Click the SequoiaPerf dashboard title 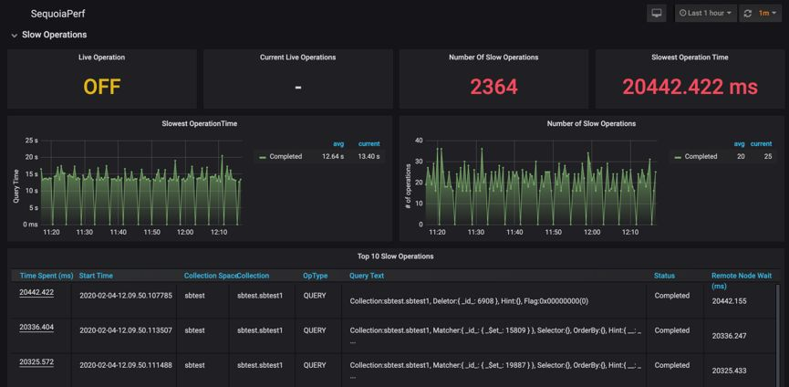pos(57,14)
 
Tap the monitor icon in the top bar pos(656,14)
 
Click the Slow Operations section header pos(54,35)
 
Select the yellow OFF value pos(102,87)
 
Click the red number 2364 pos(493,87)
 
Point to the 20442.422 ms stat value pos(690,87)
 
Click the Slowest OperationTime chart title pos(199,123)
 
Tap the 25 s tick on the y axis pos(31,141)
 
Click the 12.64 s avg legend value pos(333,156)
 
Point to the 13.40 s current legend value pos(369,156)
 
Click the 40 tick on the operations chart pos(419,141)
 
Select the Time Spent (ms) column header pos(47,276)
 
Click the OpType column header pos(315,276)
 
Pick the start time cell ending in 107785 pos(126,296)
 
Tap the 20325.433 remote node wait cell pos(735,371)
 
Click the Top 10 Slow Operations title pos(394,256)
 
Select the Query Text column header pos(367,276)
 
